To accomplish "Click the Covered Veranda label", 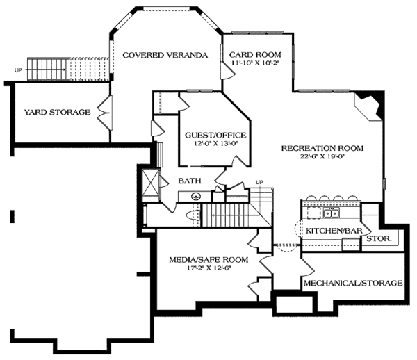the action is pos(165,55).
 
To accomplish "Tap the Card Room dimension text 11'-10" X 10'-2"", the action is pos(255,63).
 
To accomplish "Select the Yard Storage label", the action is pos(58,112).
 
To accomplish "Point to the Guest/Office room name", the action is pos(215,136).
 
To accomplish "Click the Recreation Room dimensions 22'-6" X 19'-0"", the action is pos(322,156).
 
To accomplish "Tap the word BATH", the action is pos(190,181).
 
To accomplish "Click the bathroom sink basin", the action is pos(196,197).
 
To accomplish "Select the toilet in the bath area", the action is pos(193,215).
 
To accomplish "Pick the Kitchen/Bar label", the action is pos(334,231).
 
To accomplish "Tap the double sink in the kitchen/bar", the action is pos(331,213).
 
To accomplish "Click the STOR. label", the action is pos(379,238).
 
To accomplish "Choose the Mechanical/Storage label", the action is pos(353,283).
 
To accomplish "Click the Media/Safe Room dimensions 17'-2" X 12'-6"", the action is pos(208,268).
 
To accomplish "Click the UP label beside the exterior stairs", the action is pos(18,70).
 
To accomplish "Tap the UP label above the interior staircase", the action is pos(259,182).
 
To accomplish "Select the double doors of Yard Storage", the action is pos(105,113).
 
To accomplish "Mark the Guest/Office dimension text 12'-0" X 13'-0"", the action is pos(215,144).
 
